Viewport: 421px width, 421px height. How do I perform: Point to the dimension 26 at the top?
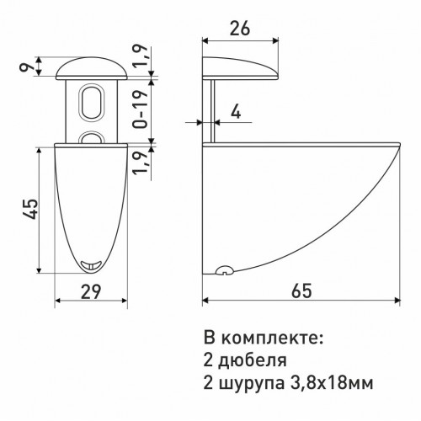pos(241,27)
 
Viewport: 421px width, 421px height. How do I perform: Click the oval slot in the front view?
pos(89,105)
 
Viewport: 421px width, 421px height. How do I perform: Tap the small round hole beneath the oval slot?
pos(89,135)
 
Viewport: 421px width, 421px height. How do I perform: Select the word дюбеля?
pos(250,361)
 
